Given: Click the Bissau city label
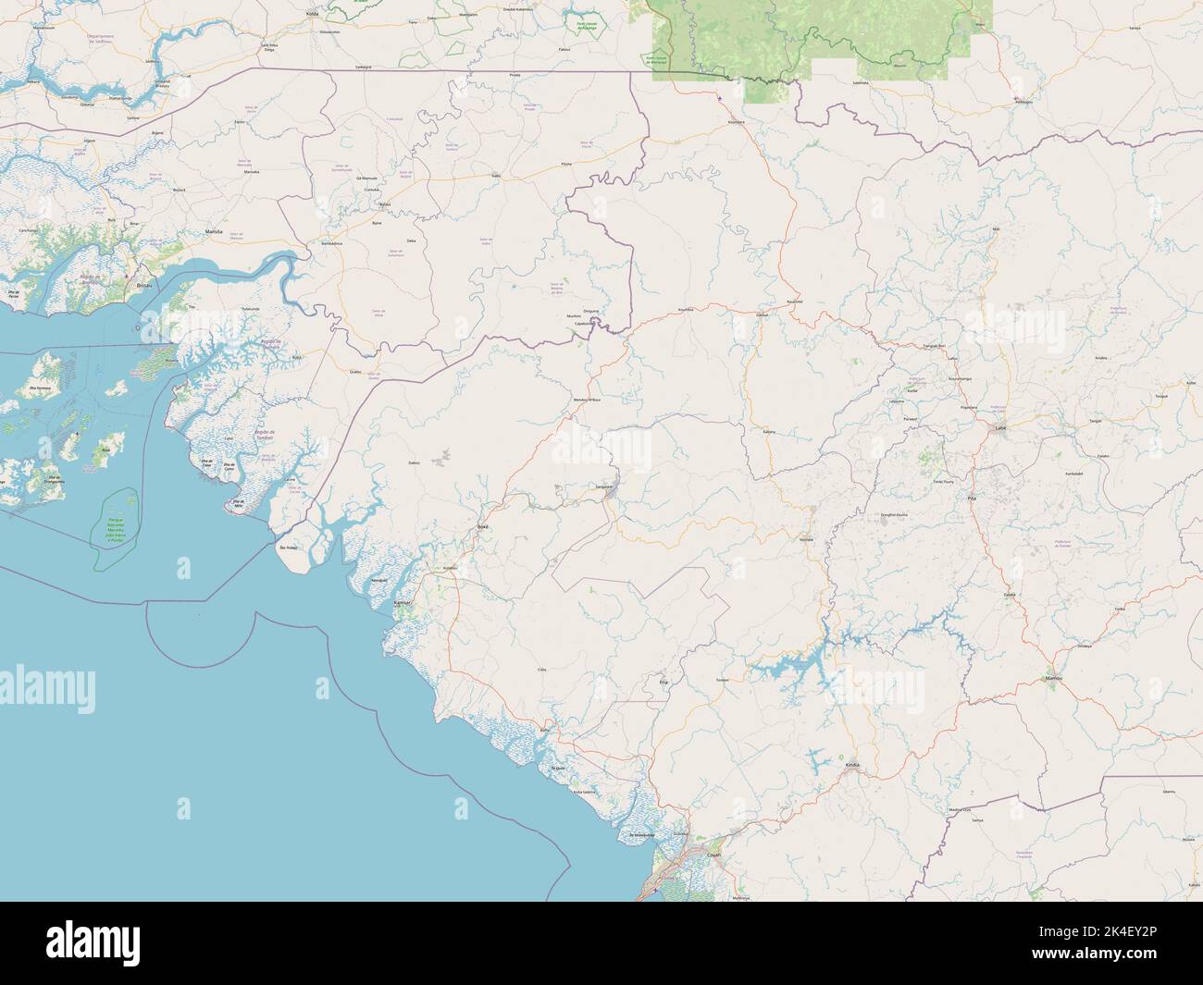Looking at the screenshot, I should [143, 287].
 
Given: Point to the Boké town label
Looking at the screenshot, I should [481, 525].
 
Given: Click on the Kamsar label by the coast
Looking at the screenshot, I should [402, 603].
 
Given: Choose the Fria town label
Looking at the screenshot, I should [663, 682].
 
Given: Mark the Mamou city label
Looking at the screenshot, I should [1053, 679].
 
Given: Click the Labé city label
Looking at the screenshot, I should [999, 429].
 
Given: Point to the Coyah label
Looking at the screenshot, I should [713, 856].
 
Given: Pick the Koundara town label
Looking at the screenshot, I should [737, 121].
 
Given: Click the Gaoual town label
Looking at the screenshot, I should [763, 314].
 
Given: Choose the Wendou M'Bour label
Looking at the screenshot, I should [593, 400].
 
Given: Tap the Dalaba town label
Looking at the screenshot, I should [1010, 595].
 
